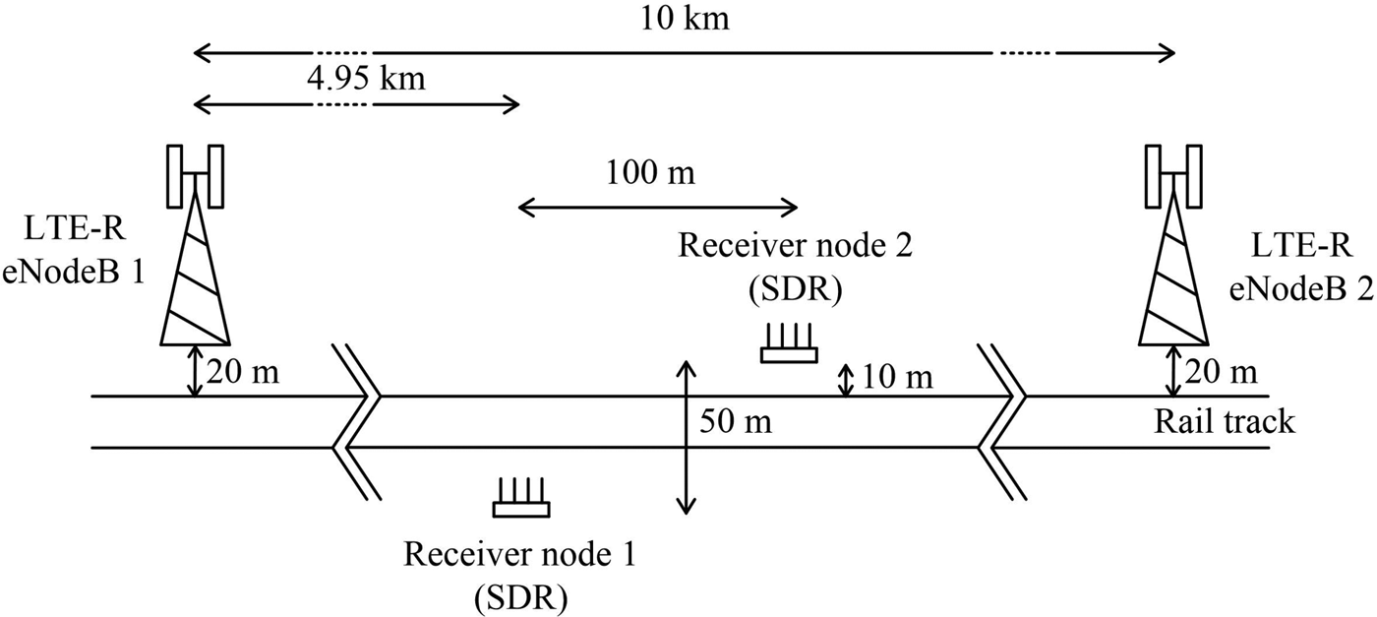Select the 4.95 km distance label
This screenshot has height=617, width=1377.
(x=365, y=78)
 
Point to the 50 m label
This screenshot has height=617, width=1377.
(x=736, y=423)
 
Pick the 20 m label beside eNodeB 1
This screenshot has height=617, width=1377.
(x=243, y=371)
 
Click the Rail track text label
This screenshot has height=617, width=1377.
(x=1224, y=423)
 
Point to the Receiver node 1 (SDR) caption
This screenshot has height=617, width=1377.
(x=520, y=572)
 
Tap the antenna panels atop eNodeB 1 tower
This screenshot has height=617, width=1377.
(x=196, y=174)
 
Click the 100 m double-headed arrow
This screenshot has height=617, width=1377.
(x=658, y=206)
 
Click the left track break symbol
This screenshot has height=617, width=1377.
(x=357, y=422)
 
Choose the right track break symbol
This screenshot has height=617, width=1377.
(x=1002, y=422)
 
